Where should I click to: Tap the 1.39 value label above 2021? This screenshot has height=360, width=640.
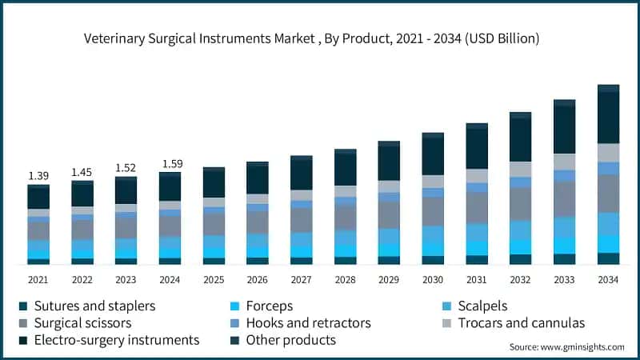(x=38, y=175)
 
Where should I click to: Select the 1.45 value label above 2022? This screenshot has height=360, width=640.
(x=82, y=172)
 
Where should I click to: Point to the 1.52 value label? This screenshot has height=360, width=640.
(x=126, y=168)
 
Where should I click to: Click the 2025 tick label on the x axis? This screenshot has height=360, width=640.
(x=213, y=279)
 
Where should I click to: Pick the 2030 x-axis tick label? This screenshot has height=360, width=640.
(x=432, y=279)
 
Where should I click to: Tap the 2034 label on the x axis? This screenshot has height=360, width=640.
(x=608, y=279)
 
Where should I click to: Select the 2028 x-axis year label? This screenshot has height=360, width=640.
(x=345, y=279)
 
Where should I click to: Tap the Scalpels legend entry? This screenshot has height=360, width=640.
(x=480, y=306)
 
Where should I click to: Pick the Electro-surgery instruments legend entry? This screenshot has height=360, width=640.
(x=112, y=340)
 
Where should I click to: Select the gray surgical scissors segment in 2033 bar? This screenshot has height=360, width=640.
(x=564, y=199)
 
